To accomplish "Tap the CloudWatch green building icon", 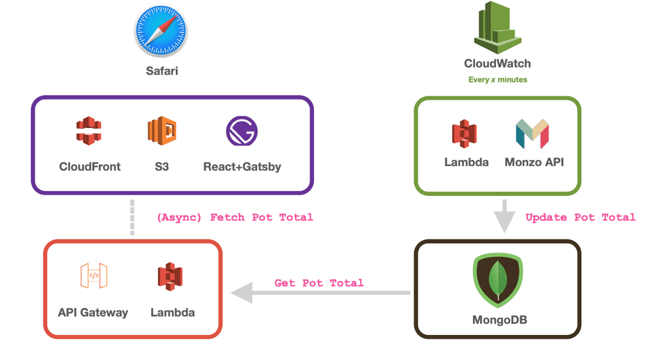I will click(x=497, y=29).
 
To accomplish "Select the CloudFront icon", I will click(x=89, y=131).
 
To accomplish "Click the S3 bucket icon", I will click(x=162, y=131).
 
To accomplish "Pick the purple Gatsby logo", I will click(x=242, y=132).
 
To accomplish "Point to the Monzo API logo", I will click(x=532, y=134).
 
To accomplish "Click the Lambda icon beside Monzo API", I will click(x=465, y=134).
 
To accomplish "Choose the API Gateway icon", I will click(x=94, y=276).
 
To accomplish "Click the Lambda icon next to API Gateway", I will click(x=170, y=276).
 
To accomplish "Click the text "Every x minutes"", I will click(x=497, y=80).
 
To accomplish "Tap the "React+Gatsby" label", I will click(x=242, y=167).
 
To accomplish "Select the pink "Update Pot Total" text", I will click(x=580, y=217).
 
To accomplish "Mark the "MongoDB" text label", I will click(x=497, y=320).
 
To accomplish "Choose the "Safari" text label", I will click(x=161, y=70).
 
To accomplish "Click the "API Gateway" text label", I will click(x=93, y=312).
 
